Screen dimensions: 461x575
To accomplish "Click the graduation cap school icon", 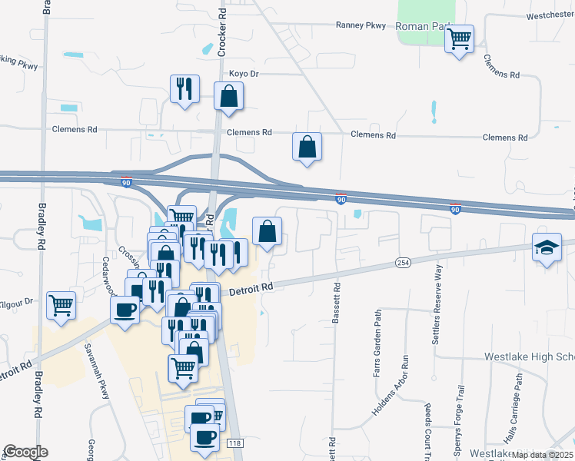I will pyautogui.click(x=547, y=248).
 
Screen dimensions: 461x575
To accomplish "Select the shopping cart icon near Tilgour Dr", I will pyautogui.click(x=61, y=304).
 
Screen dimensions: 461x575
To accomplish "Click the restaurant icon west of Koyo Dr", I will pyautogui.click(x=184, y=88).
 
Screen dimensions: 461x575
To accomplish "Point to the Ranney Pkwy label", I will pyautogui.click(x=361, y=25).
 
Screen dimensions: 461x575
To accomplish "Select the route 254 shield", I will pyautogui.click(x=403, y=263).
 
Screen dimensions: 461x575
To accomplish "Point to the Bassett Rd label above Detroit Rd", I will pyautogui.click(x=337, y=304).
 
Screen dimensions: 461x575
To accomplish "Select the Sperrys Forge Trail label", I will pyautogui.click(x=460, y=429).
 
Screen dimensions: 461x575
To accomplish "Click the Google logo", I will pyautogui.click(x=25, y=452).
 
